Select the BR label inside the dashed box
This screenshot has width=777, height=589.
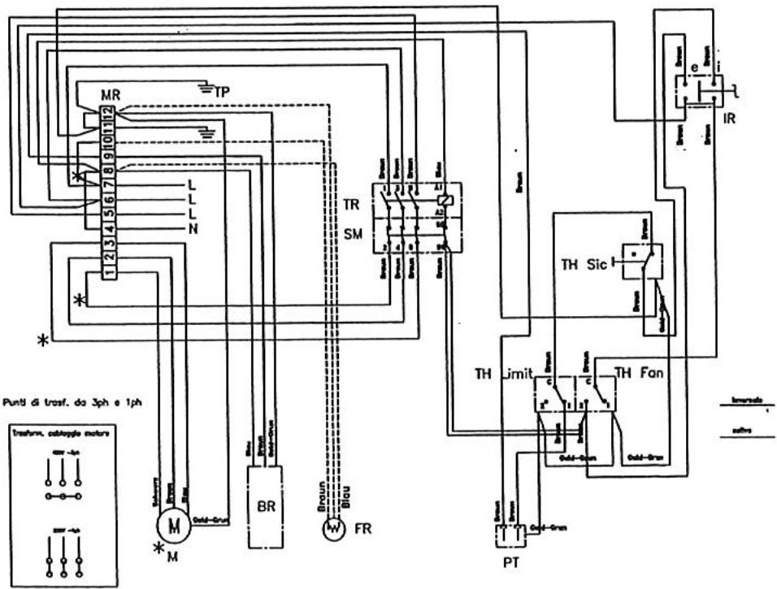click(265, 505)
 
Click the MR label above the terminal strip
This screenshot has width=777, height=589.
click(111, 93)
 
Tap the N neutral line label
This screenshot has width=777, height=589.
click(193, 229)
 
